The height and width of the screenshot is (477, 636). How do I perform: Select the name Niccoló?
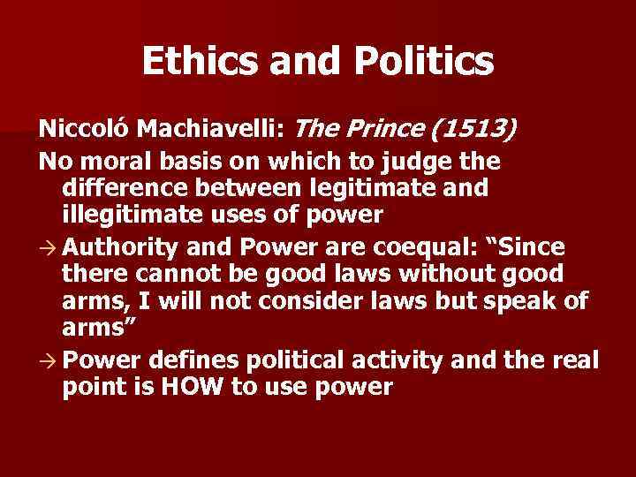[76, 130]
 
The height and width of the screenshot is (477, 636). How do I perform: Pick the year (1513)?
[473, 130]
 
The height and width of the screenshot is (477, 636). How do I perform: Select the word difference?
[117, 188]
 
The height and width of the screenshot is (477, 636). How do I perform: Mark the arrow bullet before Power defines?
[45, 360]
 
